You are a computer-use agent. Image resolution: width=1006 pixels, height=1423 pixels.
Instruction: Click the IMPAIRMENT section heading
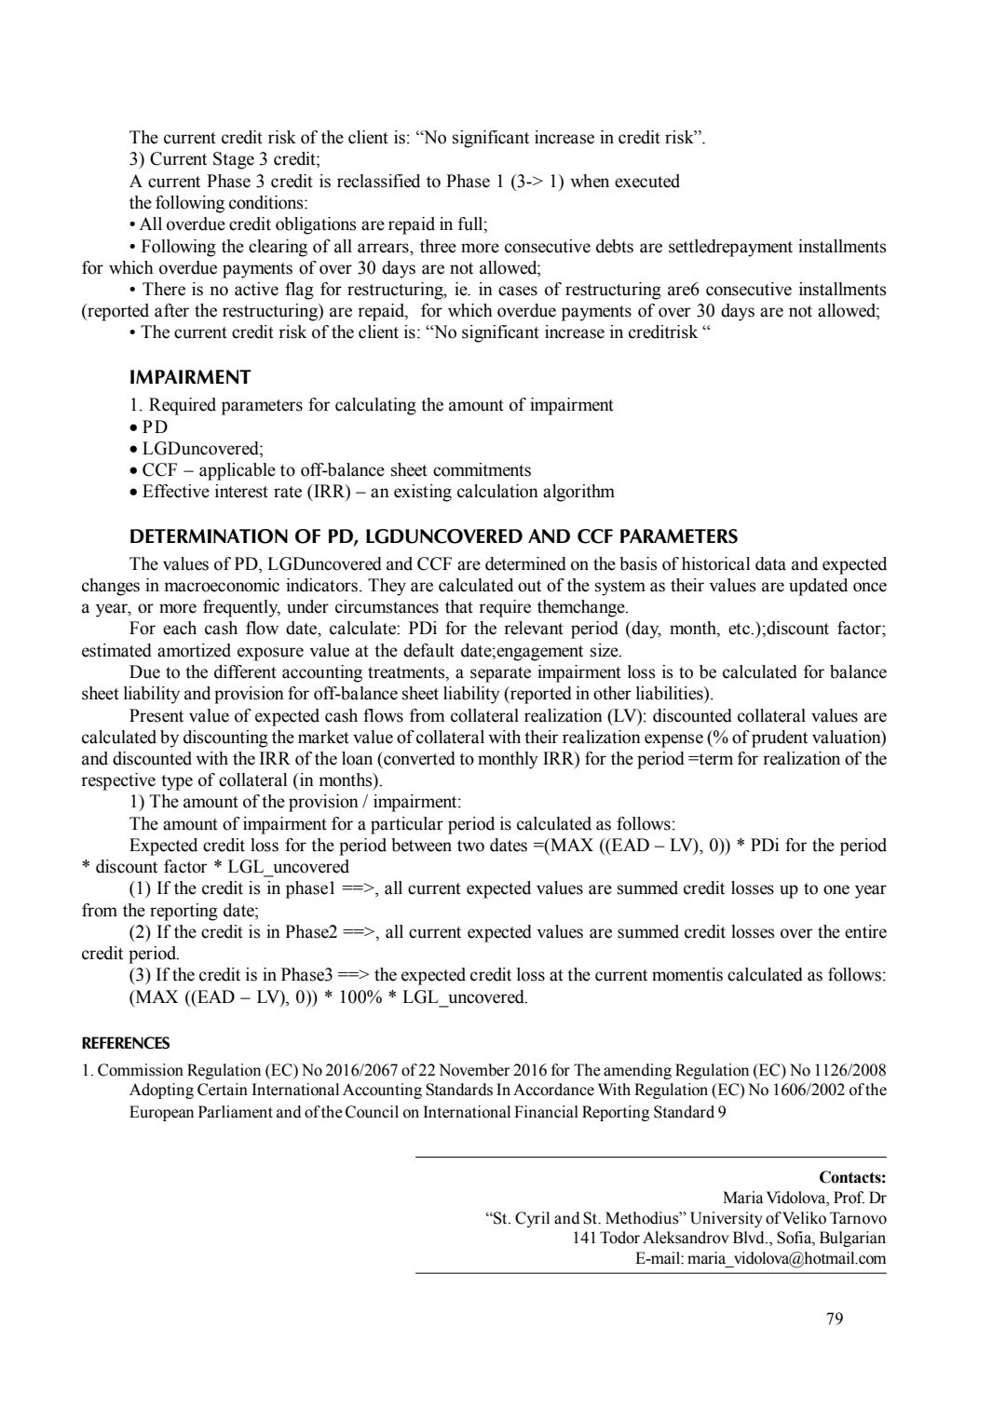point(190,377)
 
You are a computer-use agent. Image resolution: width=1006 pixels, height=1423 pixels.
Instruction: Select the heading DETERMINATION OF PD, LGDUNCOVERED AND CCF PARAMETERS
point(433,536)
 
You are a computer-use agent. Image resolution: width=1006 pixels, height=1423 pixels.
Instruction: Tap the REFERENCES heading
point(126,1043)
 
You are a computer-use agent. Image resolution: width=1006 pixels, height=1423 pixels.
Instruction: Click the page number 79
point(834,1318)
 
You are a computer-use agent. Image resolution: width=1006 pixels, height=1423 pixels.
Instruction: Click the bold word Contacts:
point(852,1177)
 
